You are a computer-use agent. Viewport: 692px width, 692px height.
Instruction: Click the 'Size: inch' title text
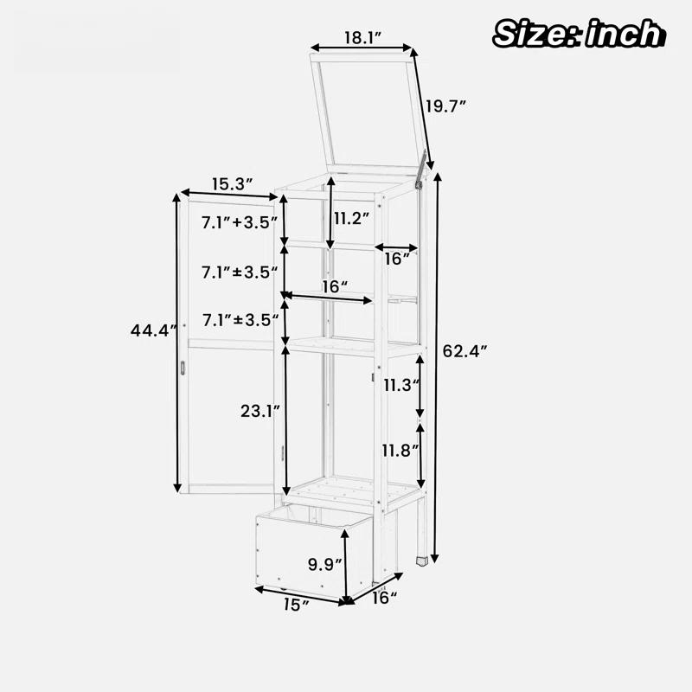point(579,34)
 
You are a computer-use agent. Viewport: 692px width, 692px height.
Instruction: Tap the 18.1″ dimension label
point(362,38)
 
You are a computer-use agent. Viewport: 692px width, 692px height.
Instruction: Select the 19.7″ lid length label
point(445,106)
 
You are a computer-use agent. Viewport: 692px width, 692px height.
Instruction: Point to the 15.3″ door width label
point(232,184)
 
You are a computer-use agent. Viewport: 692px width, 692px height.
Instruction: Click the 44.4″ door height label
point(153,330)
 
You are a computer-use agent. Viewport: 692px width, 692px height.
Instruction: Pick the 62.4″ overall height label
point(465,351)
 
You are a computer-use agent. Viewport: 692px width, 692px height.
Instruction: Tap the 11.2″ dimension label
point(351,218)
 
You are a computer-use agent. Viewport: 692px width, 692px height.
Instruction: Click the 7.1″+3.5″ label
point(240,222)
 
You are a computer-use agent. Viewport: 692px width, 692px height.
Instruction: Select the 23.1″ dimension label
point(260,412)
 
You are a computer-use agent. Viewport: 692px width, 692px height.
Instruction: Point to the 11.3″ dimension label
point(400,385)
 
